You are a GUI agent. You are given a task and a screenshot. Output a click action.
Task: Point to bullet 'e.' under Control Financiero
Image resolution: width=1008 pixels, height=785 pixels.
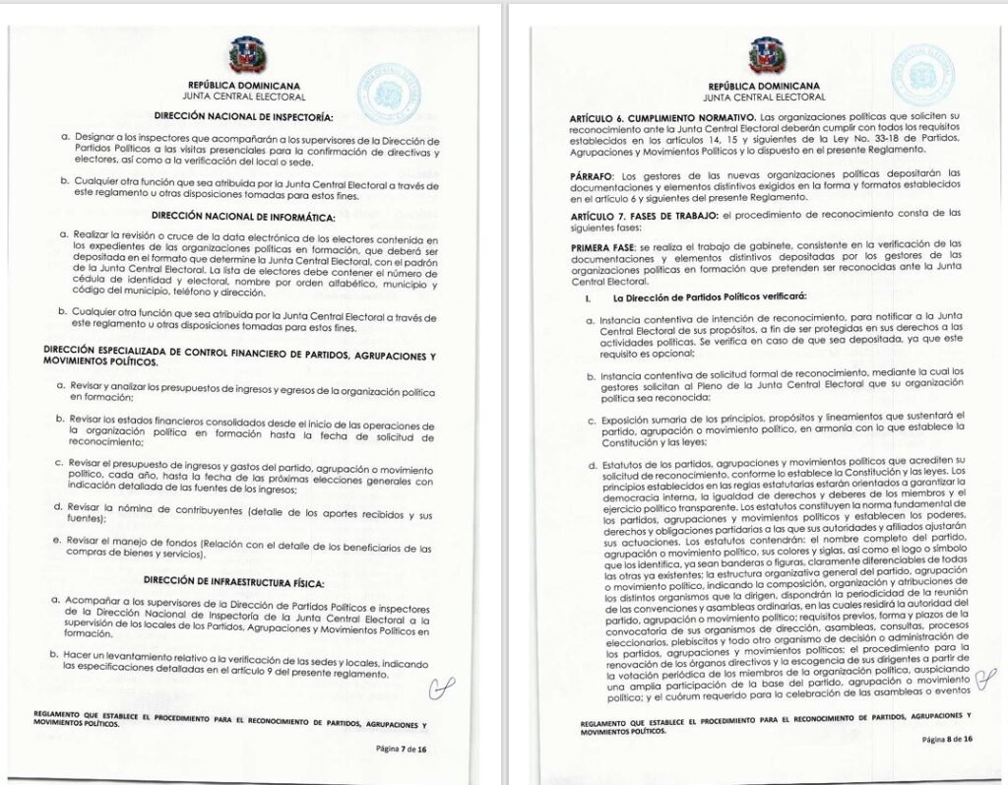[x=60, y=541]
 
